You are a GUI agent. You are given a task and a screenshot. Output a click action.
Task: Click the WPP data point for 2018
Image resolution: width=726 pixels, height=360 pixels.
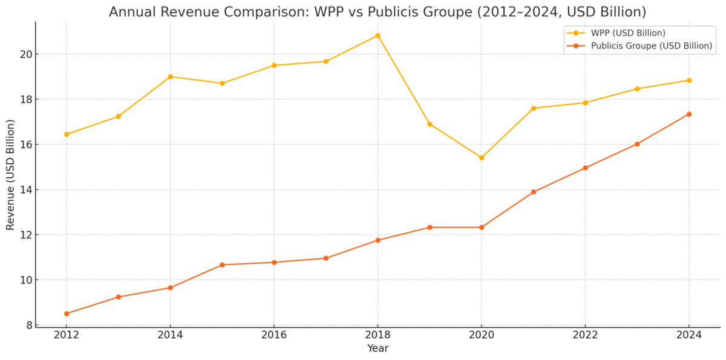click(x=378, y=36)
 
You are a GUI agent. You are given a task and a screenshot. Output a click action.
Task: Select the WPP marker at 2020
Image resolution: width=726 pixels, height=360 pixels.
click(x=482, y=158)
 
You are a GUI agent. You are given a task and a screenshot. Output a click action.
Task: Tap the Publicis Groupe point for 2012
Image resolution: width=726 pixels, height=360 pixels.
click(x=67, y=313)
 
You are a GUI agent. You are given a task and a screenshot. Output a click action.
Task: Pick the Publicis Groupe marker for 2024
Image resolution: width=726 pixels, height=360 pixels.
click(x=688, y=114)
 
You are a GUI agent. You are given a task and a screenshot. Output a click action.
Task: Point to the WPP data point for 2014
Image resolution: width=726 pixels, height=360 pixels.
click(x=170, y=77)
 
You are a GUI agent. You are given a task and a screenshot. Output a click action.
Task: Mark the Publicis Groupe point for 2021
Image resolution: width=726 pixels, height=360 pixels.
click(x=533, y=192)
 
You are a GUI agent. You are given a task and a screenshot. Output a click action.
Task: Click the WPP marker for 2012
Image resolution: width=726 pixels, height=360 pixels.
click(x=67, y=134)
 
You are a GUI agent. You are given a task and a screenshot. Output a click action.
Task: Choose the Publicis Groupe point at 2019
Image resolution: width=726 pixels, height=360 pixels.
click(x=430, y=227)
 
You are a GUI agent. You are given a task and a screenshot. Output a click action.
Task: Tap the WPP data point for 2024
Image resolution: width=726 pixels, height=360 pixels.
click(x=688, y=80)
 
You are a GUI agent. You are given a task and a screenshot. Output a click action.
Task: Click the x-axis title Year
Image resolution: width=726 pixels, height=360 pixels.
click(x=378, y=349)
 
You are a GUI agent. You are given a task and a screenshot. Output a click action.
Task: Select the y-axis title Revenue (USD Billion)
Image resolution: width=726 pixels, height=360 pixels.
click(x=10, y=174)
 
